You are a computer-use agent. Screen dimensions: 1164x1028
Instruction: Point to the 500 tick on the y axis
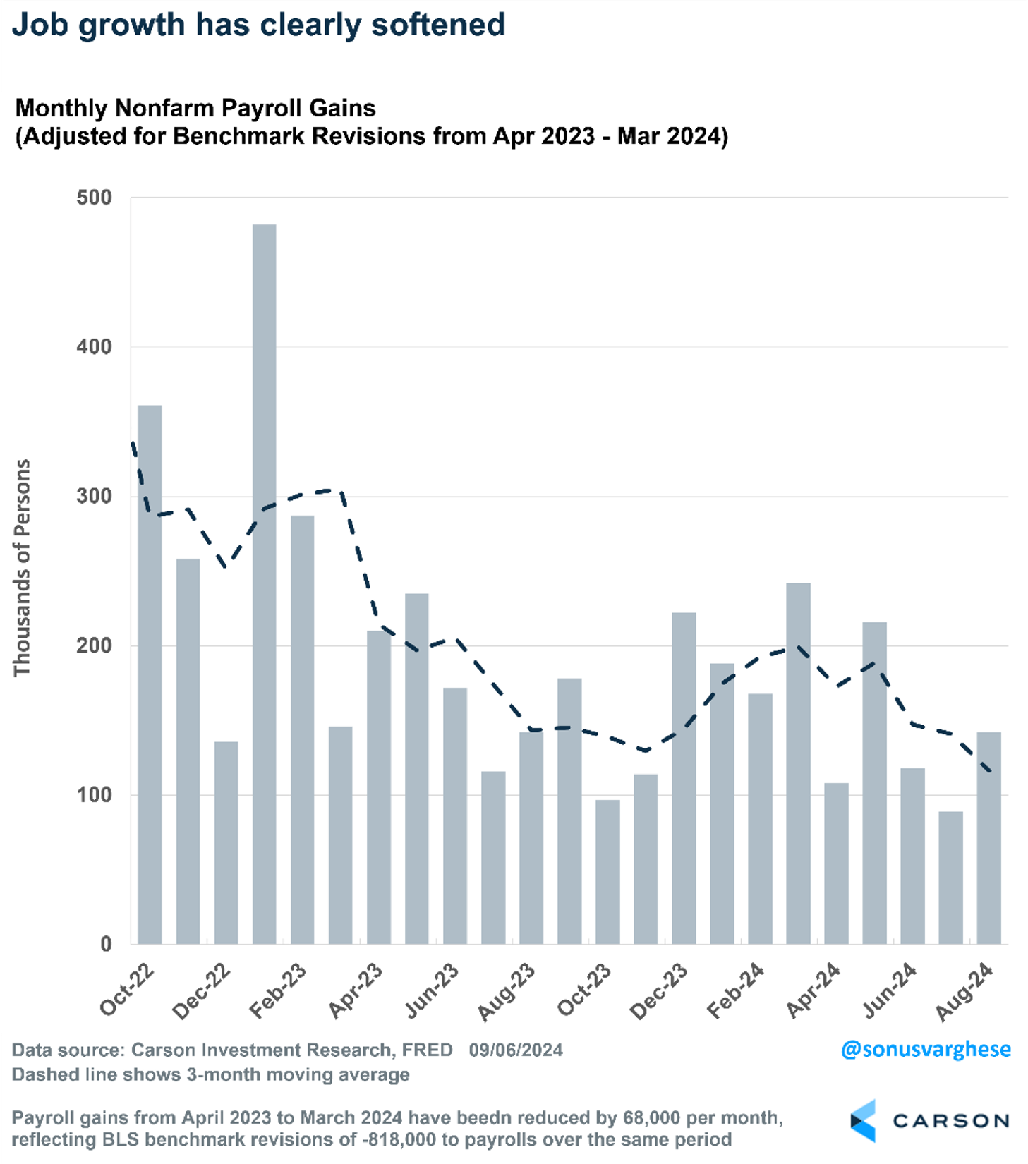(95, 198)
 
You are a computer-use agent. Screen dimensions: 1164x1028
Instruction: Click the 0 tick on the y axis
(106, 944)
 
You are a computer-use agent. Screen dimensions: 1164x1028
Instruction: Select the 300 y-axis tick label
(95, 496)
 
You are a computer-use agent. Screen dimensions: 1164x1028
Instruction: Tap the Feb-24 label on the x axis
(736, 990)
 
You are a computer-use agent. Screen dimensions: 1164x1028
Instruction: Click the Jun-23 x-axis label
(432, 990)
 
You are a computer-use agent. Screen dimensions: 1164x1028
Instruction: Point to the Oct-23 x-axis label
(584, 990)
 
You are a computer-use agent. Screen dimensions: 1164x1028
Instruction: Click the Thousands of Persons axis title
(22, 568)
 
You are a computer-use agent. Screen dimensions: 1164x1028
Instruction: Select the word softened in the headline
(438, 25)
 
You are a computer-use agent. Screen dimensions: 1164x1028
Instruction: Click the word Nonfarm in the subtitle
(164, 108)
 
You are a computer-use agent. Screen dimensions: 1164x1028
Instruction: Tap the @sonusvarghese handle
(926, 1049)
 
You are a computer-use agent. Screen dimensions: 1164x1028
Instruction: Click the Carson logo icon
(863, 1120)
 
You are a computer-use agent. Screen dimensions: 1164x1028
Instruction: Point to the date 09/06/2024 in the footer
(516, 1050)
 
